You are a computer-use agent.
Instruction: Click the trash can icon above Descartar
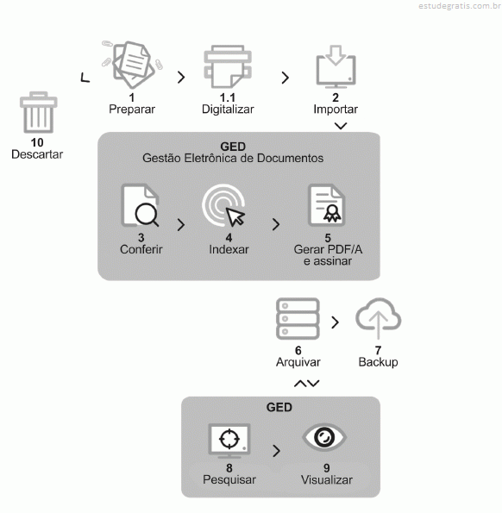(38, 113)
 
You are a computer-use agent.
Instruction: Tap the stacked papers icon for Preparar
(133, 65)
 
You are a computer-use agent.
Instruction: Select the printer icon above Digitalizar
(228, 66)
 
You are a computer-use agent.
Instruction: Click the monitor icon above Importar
(336, 67)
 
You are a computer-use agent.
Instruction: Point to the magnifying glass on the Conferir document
(147, 215)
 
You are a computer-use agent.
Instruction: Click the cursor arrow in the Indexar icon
(235, 217)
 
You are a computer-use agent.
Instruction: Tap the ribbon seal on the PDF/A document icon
(332, 214)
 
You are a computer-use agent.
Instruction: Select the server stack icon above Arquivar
(298, 319)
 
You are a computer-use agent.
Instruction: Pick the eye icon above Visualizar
(324, 437)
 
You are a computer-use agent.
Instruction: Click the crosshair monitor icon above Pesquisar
(229, 441)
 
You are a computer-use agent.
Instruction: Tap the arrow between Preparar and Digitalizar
(181, 78)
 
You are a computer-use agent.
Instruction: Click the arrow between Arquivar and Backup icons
(336, 322)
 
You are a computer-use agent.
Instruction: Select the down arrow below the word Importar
(341, 126)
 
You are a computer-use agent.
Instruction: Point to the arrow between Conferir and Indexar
(181, 225)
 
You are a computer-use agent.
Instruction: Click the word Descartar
(37, 154)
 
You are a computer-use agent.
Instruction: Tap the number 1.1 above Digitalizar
(228, 97)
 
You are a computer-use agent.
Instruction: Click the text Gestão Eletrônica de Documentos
(233, 159)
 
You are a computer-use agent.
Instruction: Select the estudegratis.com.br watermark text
(460, 6)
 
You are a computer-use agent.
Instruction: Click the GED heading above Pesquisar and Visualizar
(279, 407)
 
